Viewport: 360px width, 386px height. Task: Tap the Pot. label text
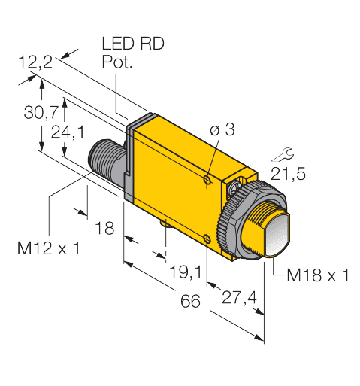[116, 63]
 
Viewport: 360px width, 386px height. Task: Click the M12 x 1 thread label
[49, 248]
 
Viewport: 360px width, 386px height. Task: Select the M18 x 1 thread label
[318, 275]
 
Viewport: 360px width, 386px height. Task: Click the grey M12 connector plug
[104, 163]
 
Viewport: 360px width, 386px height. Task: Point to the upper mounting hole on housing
[208, 178]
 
